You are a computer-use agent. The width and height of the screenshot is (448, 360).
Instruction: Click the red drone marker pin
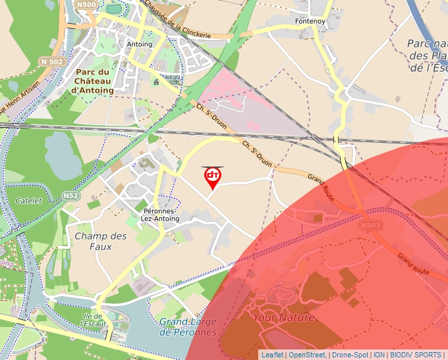(213, 176)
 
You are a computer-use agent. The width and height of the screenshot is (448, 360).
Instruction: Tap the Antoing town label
(139, 45)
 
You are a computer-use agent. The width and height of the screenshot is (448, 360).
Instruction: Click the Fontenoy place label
(310, 21)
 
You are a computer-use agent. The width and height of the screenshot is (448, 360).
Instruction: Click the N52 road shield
(71, 196)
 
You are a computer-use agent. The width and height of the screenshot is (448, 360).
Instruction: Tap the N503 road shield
(370, 226)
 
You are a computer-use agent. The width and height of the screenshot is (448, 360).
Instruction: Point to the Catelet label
(29, 200)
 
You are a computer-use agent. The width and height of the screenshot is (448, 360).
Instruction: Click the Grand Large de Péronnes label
(188, 327)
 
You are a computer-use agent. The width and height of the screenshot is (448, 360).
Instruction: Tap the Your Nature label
(284, 317)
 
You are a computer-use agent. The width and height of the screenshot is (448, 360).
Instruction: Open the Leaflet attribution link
(272, 355)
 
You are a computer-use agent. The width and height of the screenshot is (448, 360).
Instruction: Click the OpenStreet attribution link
(308, 355)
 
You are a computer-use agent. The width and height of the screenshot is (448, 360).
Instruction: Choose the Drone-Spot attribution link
(350, 355)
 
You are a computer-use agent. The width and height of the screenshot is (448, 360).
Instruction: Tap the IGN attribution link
(379, 355)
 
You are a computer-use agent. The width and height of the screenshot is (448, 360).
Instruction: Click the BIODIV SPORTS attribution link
(416, 355)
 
